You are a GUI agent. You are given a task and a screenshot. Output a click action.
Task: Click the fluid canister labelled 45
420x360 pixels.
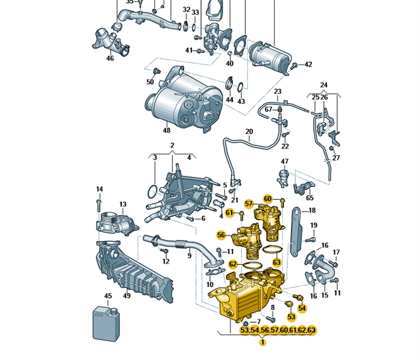105,324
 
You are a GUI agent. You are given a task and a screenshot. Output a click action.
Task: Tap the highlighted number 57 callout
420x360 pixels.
249,205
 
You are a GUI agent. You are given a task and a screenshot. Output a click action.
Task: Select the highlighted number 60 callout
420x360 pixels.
268,199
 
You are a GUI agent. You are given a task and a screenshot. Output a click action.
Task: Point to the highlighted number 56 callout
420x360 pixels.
221,235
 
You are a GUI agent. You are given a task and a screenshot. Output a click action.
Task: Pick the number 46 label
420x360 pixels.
110,58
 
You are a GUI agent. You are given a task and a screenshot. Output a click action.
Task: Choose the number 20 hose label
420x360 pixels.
249,131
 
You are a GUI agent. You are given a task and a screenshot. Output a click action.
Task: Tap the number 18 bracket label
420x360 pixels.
312,211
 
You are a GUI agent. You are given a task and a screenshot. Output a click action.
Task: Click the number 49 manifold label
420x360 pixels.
127,295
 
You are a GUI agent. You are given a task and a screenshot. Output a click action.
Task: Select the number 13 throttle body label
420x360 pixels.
122,205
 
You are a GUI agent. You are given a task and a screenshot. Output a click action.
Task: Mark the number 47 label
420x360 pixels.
285,162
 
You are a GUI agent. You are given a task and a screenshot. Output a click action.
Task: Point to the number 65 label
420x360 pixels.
310,197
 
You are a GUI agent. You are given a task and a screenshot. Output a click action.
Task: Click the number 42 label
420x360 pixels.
308,64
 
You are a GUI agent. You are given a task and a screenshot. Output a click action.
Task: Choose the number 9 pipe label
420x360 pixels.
189,256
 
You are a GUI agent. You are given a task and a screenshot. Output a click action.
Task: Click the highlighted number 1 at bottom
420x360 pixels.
262,343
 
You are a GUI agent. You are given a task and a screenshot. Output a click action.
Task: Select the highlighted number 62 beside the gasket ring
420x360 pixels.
233,263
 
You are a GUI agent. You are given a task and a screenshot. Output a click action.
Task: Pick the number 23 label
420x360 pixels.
278,91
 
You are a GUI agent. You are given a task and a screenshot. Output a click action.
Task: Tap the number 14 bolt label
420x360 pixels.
100,190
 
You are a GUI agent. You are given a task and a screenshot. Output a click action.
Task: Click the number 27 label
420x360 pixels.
336,158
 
